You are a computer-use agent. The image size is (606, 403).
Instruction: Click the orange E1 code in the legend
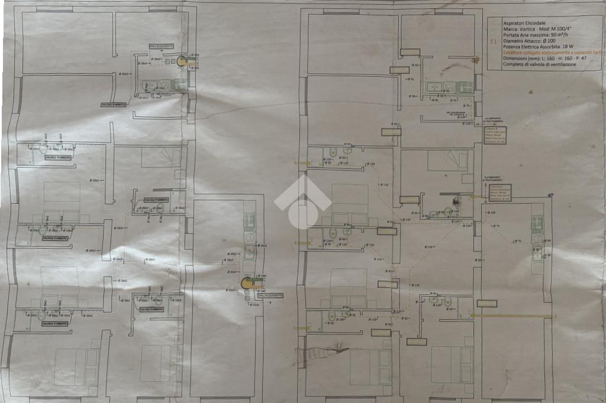click(x=493, y=41)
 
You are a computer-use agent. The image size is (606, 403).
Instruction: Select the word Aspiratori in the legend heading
click(x=514, y=22)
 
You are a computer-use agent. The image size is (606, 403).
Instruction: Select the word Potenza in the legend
click(x=512, y=47)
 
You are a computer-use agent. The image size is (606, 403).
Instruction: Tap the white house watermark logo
click(x=302, y=201)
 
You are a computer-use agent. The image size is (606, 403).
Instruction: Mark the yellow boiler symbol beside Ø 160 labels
click(x=247, y=283)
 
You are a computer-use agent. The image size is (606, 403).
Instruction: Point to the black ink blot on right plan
click(x=456, y=201)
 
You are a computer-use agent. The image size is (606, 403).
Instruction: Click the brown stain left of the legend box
click(x=475, y=59)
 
